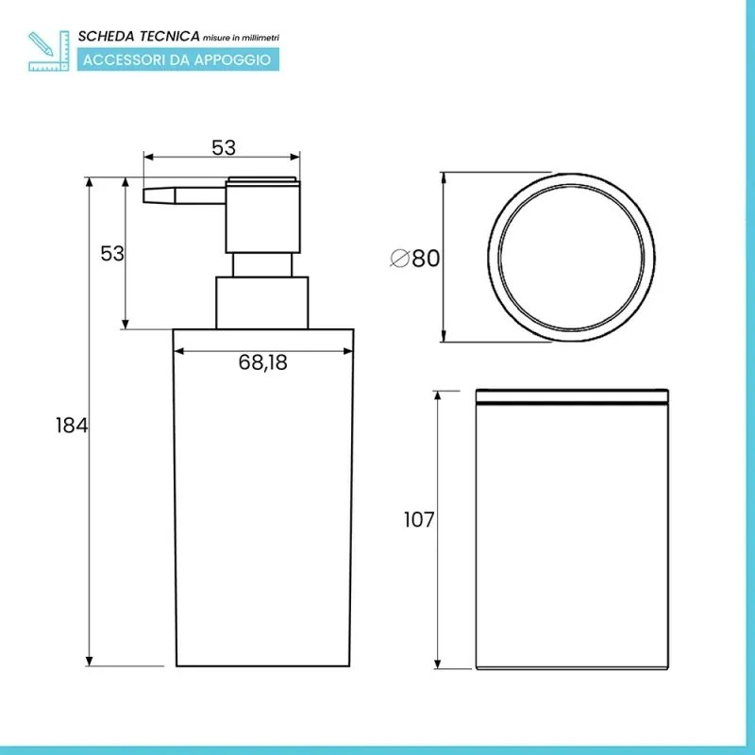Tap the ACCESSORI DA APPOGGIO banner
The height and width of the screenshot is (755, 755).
tap(176, 59)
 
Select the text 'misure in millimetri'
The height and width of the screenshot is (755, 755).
tap(241, 37)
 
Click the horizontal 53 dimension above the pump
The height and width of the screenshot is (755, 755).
tap(223, 147)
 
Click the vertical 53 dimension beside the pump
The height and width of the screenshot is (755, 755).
tap(112, 253)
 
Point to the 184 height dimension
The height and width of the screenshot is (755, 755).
tap(72, 426)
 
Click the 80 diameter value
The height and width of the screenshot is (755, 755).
tap(426, 258)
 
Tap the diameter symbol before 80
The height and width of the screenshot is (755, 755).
tap(398, 258)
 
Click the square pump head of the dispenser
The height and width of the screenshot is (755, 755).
tap(262, 213)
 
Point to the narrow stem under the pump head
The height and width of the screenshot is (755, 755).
tap(263, 264)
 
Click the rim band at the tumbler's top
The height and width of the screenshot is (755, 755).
tap(572, 395)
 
